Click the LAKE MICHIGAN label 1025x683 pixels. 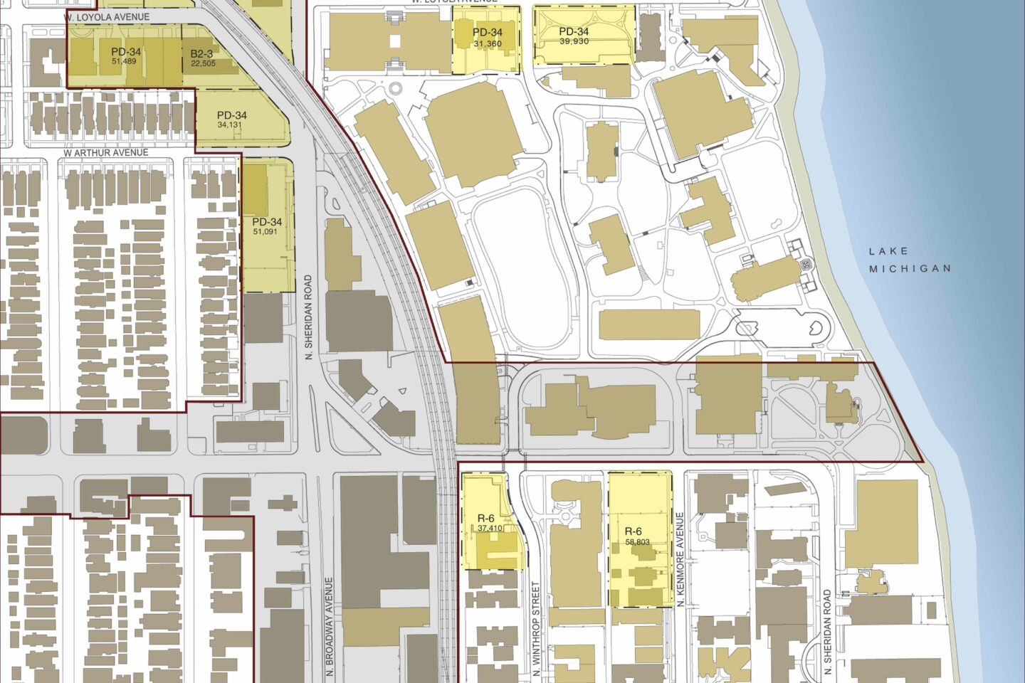coord(910,260)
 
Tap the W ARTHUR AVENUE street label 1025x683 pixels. coord(106,152)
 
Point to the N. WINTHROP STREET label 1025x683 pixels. coord(535,629)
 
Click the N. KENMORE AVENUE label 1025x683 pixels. coord(680,559)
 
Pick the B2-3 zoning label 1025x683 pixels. coord(202,53)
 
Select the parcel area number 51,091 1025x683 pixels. coord(267,231)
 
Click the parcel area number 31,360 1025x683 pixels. coord(488,43)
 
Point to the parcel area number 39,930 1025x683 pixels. coord(574,41)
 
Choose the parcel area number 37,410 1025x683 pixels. coord(490,528)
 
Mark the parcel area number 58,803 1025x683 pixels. coord(637,542)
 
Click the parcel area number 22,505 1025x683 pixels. coord(203,63)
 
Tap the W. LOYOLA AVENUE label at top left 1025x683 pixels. coord(105,16)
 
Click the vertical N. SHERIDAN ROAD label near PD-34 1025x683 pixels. coord(309,317)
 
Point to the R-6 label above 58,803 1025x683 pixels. coord(634,531)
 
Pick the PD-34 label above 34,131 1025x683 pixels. coord(232,115)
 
